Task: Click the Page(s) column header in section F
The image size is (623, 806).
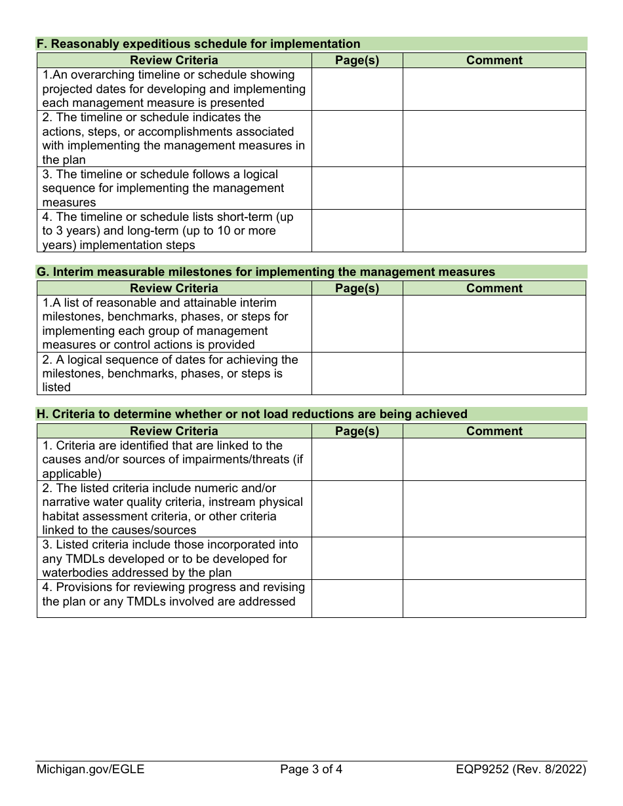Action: coord(357,60)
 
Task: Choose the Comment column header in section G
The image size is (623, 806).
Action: coord(494,288)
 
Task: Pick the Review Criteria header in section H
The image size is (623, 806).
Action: coord(174,431)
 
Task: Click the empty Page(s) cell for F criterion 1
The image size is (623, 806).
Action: coord(357,89)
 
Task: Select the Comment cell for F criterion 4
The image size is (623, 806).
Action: coord(494,231)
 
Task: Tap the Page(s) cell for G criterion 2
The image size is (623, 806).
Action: coord(357,374)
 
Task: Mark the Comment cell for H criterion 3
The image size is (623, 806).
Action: coord(494,558)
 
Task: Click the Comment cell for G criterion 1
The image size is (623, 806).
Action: coord(494,324)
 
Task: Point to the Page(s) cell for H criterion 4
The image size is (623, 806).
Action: coord(357,598)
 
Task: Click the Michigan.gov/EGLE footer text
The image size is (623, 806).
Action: coord(90,769)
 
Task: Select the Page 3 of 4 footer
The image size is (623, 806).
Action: coord(311,769)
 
